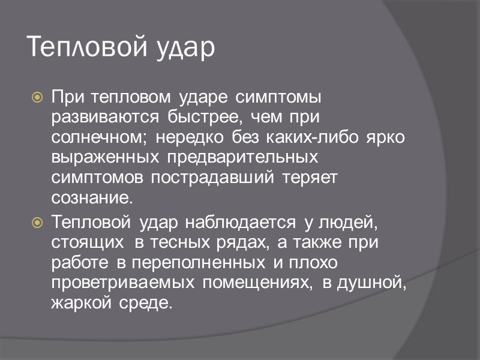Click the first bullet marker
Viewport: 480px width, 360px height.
[x=37, y=96]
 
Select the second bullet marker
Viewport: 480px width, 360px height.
[x=37, y=223]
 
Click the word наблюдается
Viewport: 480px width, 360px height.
[x=240, y=223]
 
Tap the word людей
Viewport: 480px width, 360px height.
[x=349, y=223]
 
